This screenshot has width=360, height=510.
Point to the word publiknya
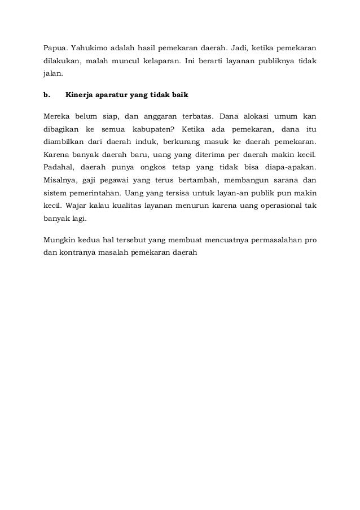pos(278,60)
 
